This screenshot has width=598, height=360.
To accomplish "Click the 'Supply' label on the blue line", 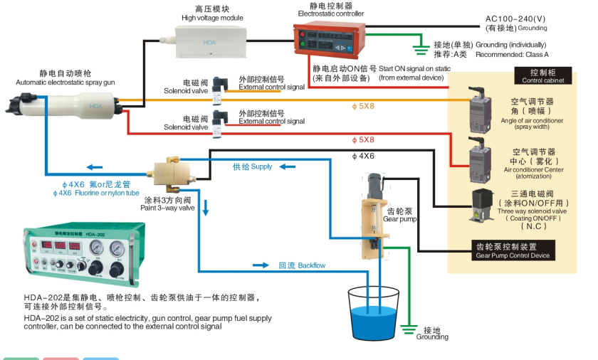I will pyautogui.click(x=253, y=166).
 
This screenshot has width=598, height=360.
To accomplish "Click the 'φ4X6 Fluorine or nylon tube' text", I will pyautogui.click(x=95, y=193).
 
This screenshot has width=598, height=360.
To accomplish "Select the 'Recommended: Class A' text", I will pyautogui.click(x=512, y=55).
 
